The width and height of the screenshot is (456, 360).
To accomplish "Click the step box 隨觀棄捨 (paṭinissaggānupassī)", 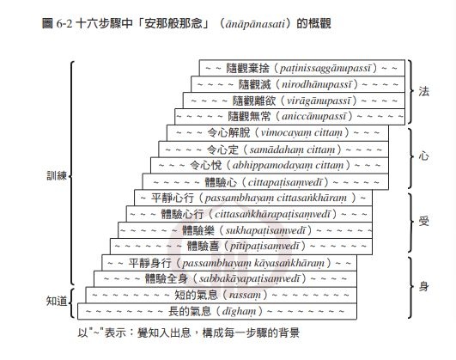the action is [x=302, y=68].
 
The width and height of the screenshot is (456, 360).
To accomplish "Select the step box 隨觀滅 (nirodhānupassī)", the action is [x=298, y=84].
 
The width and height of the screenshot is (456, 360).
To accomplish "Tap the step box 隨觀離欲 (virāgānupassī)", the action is [x=294, y=101].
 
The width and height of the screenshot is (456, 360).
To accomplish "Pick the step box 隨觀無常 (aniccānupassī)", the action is [x=289, y=117].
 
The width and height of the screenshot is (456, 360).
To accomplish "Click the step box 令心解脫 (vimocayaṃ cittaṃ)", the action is [x=277, y=133].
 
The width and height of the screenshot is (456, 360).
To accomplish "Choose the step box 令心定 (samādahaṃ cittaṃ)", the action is [x=273, y=149].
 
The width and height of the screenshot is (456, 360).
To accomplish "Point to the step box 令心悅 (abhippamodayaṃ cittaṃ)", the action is [x=270, y=166].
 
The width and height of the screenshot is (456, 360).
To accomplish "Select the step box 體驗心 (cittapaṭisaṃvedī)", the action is [x=265, y=182].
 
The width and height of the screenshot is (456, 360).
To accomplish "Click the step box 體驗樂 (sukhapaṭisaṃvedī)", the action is [x=245, y=230].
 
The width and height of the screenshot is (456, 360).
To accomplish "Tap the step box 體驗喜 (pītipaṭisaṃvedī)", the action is [x=240, y=247].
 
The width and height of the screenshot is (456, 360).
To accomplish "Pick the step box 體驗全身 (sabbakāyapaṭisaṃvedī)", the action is [x=225, y=278].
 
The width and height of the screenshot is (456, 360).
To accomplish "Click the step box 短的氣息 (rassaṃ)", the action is [x=221, y=295].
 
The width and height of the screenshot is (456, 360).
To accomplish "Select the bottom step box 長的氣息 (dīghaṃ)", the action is [x=217, y=311].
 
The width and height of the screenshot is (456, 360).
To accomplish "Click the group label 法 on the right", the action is [x=423, y=91].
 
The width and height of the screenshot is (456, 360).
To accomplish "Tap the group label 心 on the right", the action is [x=423, y=156].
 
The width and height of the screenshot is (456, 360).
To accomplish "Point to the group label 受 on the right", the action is [x=423, y=222].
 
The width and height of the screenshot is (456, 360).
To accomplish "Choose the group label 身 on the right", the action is [x=423, y=287].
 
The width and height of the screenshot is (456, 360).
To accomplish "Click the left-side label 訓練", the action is [x=57, y=175].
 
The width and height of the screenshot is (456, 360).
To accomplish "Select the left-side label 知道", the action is [x=57, y=302].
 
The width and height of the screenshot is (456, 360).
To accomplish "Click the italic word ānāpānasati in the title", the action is [x=255, y=23].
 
